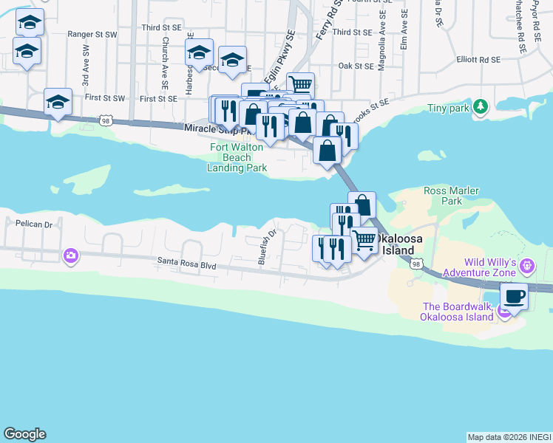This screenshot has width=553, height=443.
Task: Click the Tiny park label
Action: pyautogui.click(x=449, y=109)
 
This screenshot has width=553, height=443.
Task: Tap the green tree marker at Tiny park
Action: pyautogui.click(x=481, y=108)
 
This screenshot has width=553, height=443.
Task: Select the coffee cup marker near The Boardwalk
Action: pyautogui.click(x=514, y=296)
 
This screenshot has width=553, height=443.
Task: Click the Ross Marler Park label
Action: pyautogui.click(x=452, y=196)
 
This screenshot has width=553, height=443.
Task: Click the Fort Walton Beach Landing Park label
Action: pyautogui.click(x=238, y=157)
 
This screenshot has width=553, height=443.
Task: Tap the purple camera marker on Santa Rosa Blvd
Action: pyautogui.click(x=71, y=256)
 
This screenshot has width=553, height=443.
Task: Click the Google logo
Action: pyautogui.click(x=24, y=434)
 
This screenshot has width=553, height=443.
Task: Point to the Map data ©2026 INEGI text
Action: pyautogui.click(x=509, y=437)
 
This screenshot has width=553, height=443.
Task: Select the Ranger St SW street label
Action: pyautogui.click(x=92, y=34)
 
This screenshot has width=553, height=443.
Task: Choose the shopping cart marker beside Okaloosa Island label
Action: pyautogui.click(x=364, y=241)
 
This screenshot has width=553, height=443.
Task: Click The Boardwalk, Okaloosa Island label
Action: pyautogui.click(x=455, y=312)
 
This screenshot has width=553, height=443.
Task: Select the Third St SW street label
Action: pyautogui.click(x=162, y=28)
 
